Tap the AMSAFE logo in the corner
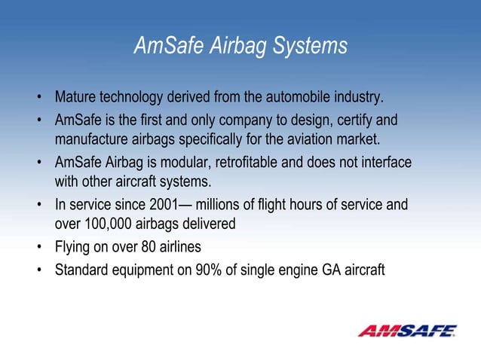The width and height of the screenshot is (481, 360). pyautogui.click(x=407, y=331)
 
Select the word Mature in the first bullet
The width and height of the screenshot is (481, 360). pyautogui.click(x=75, y=98)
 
